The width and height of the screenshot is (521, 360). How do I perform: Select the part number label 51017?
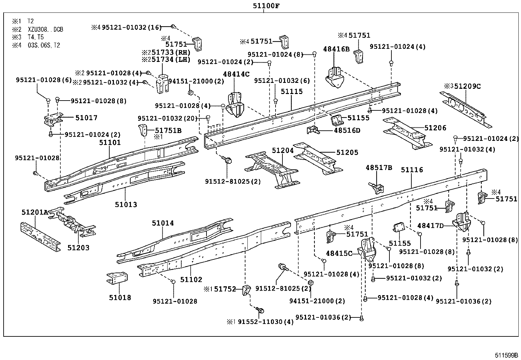[x=86, y=118]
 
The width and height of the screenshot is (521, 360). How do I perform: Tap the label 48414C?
[x=236, y=74]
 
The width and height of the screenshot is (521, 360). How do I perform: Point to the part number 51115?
[x=292, y=92]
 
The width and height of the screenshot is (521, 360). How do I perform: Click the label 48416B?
[x=336, y=49]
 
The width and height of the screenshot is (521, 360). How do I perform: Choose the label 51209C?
[x=467, y=86]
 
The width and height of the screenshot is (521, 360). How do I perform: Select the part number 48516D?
[x=347, y=130]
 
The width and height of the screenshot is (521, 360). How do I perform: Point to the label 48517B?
[x=379, y=168]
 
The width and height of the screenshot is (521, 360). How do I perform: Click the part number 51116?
[x=412, y=170]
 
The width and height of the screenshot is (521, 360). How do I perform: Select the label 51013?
[x=126, y=204]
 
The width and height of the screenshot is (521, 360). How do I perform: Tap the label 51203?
[x=79, y=248]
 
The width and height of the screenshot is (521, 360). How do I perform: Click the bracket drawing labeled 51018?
[x=117, y=278]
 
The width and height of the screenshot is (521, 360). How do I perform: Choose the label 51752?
[x=225, y=289]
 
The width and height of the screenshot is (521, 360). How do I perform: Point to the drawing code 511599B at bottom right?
[x=506, y=355]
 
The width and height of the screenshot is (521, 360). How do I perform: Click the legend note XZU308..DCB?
[x=45, y=29]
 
